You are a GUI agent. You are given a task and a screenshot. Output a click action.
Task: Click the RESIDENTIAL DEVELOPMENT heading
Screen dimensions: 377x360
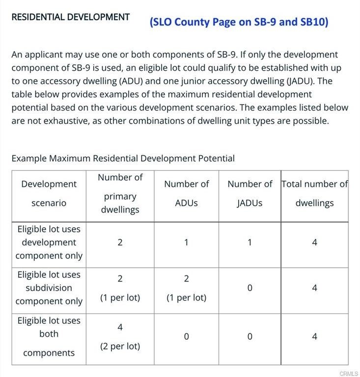click(70, 17)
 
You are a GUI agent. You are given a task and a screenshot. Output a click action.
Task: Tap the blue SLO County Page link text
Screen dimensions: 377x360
click(239, 22)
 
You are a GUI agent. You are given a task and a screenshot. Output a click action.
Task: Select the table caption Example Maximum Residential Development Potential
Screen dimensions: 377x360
click(123, 158)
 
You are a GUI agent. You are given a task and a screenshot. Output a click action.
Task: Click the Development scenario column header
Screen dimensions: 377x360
click(49, 193)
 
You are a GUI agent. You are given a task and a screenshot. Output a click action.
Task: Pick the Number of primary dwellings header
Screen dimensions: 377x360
click(120, 193)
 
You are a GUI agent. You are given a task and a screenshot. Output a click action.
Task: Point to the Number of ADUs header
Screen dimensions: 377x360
click(186, 193)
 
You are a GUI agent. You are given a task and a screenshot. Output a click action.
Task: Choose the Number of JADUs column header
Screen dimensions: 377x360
click(249, 193)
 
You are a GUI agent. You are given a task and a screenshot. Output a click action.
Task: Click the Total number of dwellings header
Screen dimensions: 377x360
click(314, 193)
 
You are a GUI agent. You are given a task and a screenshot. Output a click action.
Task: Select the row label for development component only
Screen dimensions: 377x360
click(49, 242)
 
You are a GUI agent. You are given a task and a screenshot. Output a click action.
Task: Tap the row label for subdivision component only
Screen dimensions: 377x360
click(49, 288)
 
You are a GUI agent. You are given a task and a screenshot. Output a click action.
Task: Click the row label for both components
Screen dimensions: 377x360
click(49, 336)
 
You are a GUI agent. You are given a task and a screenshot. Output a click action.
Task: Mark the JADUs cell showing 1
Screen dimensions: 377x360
click(249, 242)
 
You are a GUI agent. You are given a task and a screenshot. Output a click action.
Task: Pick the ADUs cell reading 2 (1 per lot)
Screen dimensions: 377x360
click(186, 288)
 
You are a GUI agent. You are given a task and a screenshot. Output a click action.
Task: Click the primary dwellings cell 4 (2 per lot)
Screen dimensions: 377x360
click(120, 336)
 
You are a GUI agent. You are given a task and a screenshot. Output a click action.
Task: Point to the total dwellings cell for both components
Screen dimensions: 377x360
click(314, 337)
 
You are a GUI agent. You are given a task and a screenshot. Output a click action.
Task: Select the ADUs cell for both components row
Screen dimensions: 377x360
click(186, 337)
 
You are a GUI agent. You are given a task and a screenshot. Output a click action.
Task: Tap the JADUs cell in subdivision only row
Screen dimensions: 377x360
click(249, 288)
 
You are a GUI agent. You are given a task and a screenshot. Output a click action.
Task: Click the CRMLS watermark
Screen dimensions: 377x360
click(348, 374)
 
